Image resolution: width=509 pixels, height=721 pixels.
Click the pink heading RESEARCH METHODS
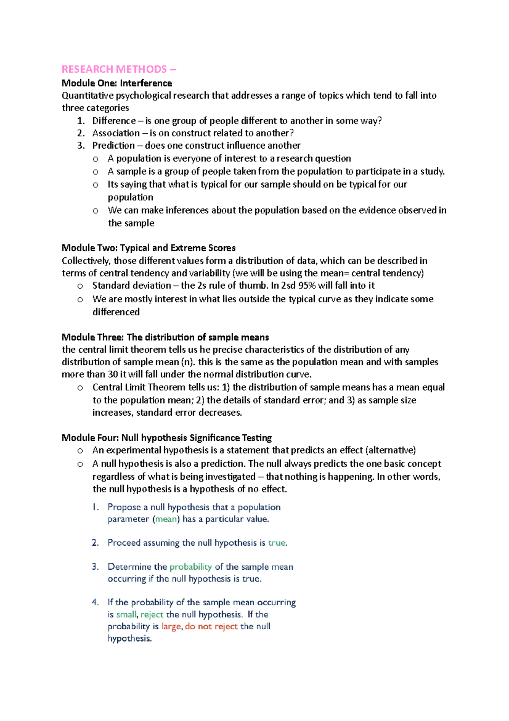pyautogui.click(x=115, y=69)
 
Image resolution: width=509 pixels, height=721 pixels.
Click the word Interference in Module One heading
pyautogui.click(x=146, y=83)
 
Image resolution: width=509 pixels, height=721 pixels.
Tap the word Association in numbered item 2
pyautogui.click(x=116, y=133)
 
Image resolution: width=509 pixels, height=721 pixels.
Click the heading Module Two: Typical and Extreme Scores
pyautogui.click(x=148, y=248)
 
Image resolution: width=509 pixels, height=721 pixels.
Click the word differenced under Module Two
pyautogui.click(x=116, y=312)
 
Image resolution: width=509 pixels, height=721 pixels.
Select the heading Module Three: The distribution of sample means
pyautogui.click(x=165, y=338)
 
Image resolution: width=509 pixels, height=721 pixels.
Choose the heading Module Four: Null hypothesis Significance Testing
pyautogui.click(x=166, y=438)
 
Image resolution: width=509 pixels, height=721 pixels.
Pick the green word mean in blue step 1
pyautogui.click(x=166, y=519)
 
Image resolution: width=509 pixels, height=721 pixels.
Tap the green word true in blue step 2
pyautogui.click(x=277, y=543)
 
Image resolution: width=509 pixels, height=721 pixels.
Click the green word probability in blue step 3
pyautogui.click(x=190, y=567)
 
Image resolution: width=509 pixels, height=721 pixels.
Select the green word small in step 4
pyautogui.click(x=126, y=615)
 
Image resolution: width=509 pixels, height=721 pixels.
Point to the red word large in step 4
pyautogui.click(x=171, y=627)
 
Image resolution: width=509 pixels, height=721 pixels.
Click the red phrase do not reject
pyautogui.click(x=211, y=627)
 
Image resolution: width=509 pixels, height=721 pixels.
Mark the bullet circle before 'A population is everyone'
pyautogui.click(x=95, y=159)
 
